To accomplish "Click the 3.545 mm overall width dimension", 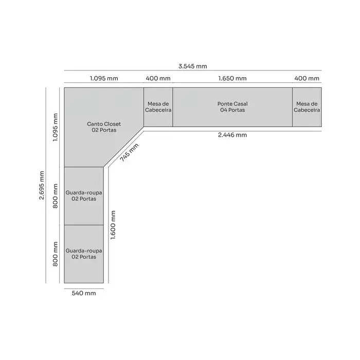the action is coord(193,66).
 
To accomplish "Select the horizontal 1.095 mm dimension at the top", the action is coord(104,79).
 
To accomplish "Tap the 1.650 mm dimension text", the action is coord(232,79).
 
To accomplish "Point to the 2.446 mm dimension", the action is coord(232,135).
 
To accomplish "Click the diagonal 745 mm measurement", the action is coord(129,152).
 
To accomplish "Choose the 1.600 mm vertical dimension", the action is coord(113,225).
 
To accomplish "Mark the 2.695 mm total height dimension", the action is coord(42,185).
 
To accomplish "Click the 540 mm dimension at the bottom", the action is coord(84,293).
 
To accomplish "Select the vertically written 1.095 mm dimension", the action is coord(56,128).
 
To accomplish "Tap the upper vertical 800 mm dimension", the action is coord(56,196).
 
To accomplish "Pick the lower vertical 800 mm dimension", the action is coord(56,254).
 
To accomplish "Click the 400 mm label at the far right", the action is coord(307,79).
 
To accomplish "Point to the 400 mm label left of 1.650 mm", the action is coord(158,79).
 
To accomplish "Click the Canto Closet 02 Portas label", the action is coord(104,127).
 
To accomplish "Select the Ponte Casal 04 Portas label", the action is coord(232,107).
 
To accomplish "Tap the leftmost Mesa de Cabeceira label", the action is coord(158,107).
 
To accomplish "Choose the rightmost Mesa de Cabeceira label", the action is coord(307,107).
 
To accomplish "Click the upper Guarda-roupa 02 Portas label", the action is coord(84,196).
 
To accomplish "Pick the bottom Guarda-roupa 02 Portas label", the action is coord(84,254).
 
